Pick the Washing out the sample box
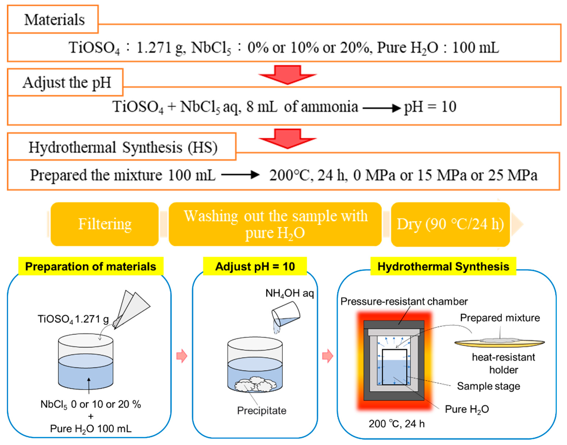[x=275, y=224]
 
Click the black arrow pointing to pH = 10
[x=381, y=108]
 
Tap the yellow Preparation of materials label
[x=91, y=266]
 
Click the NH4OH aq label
[x=289, y=293]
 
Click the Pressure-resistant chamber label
[x=404, y=301]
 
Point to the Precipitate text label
[x=261, y=411]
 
